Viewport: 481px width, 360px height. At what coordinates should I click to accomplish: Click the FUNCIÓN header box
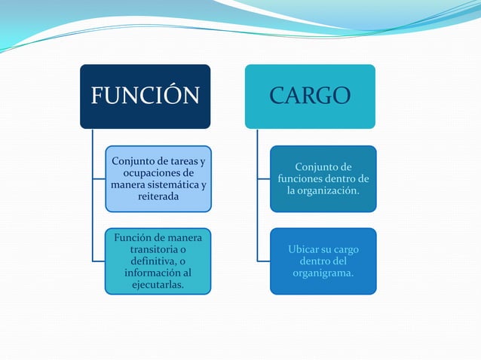145,96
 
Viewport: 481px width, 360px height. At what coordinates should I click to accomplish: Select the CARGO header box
309,96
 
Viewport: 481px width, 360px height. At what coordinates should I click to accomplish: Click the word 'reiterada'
158,197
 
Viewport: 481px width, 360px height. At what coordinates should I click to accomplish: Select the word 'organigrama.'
323,273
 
